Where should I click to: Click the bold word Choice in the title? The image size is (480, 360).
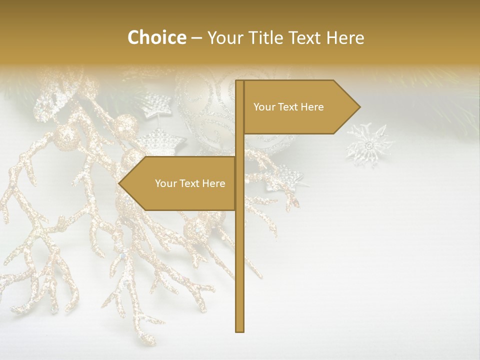tap(156, 37)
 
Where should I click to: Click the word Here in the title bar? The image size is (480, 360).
tap(344, 37)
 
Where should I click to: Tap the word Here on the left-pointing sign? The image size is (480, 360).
tap(213, 183)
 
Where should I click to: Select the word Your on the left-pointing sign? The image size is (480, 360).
tap(165, 183)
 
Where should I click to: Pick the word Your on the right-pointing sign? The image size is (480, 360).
tap(264, 107)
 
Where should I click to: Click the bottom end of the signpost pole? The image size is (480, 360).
tap(239, 330)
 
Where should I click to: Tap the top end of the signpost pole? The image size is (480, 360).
tap(239, 82)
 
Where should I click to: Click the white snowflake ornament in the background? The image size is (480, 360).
tap(369, 145)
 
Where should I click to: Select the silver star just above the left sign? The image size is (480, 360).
tap(158, 141)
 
